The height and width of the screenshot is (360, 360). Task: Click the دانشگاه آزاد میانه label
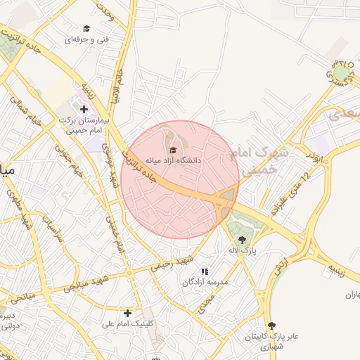click(173, 160)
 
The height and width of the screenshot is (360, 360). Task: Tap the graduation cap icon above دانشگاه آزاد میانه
click(174, 149)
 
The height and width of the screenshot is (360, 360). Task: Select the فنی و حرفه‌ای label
click(86, 40)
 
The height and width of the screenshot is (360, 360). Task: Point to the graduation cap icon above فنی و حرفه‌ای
click(86, 29)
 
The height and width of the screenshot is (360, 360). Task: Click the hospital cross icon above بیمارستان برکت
click(84, 109)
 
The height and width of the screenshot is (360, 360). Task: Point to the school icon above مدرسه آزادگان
click(205, 271)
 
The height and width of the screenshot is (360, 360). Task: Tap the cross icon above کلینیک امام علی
click(127, 313)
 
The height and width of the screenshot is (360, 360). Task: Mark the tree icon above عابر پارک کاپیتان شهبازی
click(271, 325)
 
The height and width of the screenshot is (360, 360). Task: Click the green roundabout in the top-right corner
click(341, 72)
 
